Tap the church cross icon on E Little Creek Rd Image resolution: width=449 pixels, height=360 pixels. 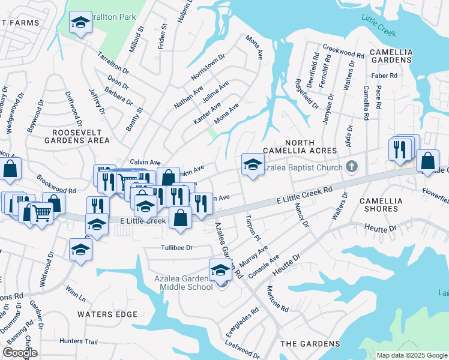[x=354, y=167]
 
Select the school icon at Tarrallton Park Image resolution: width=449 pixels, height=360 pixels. [x=79, y=23]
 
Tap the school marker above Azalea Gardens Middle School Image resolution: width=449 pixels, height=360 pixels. [x=220, y=270]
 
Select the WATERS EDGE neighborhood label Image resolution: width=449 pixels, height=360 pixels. [x=107, y=314]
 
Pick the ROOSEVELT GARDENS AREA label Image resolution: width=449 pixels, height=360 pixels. [x=81, y=136]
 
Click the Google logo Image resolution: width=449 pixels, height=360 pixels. [x=19, y=352]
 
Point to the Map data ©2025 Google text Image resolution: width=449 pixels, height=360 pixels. [x=411, y=355]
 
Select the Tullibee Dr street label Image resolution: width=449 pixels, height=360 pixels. [x=176, y=247]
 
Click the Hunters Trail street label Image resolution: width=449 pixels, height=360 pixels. [x=78, y=341]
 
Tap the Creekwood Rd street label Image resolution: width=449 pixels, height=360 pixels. [x=343, y=51]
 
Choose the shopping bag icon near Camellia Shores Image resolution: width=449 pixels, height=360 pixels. [x=427, y=161]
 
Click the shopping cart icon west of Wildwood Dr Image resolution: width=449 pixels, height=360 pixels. [x=41, y=212]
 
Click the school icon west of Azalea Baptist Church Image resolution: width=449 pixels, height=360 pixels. [x=253, y=164]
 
